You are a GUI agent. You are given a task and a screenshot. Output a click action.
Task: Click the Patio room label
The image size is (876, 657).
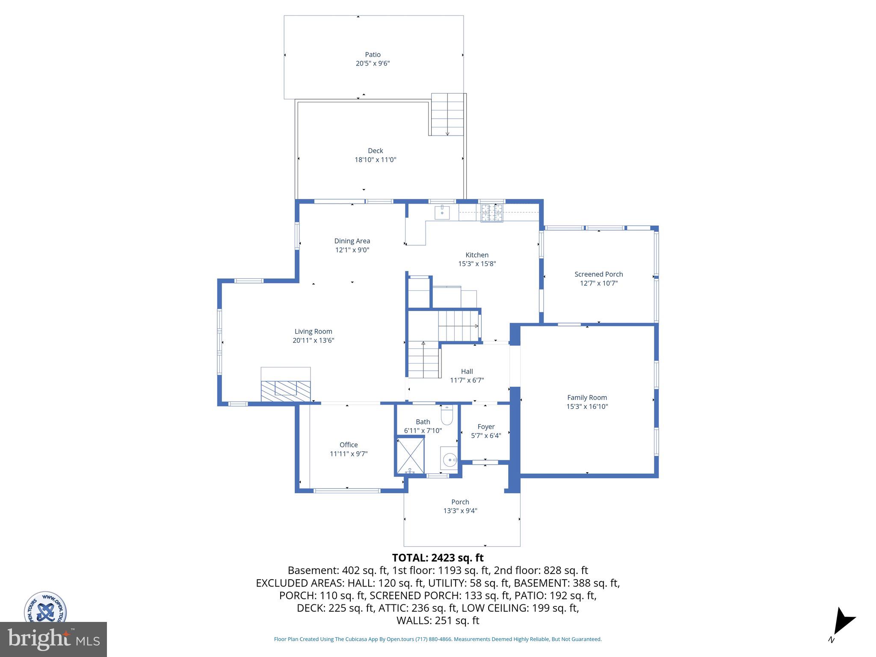point(373,54)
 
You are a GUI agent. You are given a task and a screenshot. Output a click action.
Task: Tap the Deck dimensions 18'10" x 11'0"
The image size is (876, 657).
point(375,160)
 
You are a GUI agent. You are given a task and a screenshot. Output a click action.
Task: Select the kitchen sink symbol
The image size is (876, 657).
point(442,212)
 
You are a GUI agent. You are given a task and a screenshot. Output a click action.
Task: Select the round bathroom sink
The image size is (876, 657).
point(449,460)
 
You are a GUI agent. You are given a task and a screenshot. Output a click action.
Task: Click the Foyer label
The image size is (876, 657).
point(486,426)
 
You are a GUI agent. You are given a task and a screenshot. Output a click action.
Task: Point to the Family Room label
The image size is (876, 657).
point(587,397)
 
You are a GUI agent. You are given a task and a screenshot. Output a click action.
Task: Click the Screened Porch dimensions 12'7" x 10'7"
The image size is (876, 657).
point(598,283)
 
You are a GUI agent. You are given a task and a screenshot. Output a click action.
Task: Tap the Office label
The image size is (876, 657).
point(349,445)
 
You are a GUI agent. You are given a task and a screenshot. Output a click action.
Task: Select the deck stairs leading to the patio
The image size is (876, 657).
point(447,114)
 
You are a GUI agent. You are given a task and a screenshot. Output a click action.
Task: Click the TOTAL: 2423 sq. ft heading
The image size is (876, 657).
point(438,558)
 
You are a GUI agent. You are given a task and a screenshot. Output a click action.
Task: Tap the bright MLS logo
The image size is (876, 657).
point(53,639)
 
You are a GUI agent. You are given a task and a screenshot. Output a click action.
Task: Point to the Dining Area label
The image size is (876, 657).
point(352,241)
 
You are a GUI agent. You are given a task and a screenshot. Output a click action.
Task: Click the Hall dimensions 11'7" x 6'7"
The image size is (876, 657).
point(467,380)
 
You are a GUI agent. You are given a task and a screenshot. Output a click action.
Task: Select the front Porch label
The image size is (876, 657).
point(460,502)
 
